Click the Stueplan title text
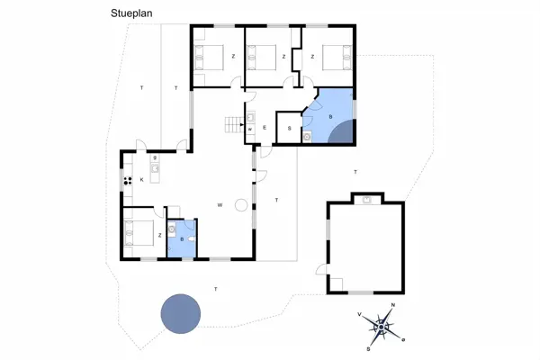(x=131, y=13)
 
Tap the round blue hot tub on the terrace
(x=181, y=313)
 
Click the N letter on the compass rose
(x=393, y=305)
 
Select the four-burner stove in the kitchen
(x=128, y=181)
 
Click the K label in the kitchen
(x=141, y=179)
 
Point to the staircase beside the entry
(x=234, y=125)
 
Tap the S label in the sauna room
(x=289, y=129)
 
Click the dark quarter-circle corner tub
(x=342, y=132)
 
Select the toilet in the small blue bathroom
(x=192, y=239)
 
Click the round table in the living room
(x=241, y=205)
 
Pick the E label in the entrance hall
(x=265, y=128)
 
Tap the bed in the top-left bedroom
(x=209, y=58)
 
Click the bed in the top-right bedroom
(x=337, y=58)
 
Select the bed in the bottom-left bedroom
(x=139, y=233)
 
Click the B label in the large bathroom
(x=330, y=117)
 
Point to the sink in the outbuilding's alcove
(x=367, y=200)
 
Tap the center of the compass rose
(x=382, y=327)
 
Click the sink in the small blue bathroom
(x=172, y=229)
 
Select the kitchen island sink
(x=155, y=168)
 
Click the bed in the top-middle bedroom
(x=262, y=58)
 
